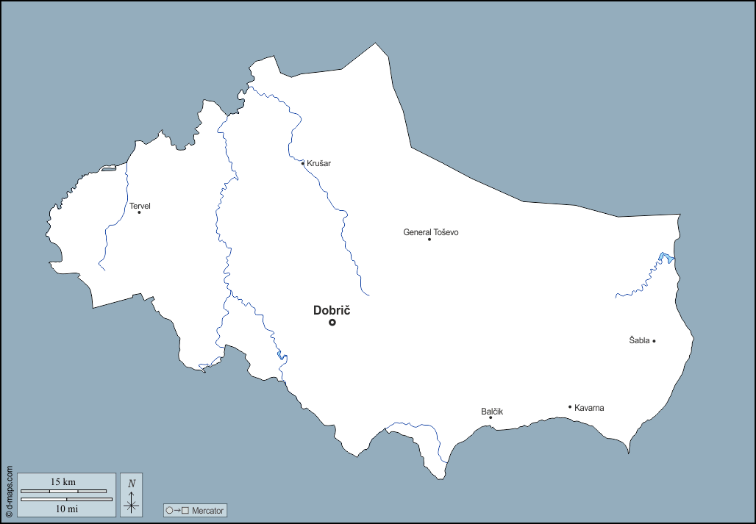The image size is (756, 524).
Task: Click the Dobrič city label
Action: pyautogui.click(x=331, y=310)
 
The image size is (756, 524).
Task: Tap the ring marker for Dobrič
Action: pyautogui.click(x=332, y=322)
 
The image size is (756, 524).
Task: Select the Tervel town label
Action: pyautogui.click(x=140, y=206)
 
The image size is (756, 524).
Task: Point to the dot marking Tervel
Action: pyautogui.click(x=139, y=212)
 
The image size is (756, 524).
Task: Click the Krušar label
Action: pyautogui.click(x=318, y=163)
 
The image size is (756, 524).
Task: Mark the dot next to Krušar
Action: pyautogui.click(x=303, y=163)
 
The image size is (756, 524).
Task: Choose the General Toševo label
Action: pyautogui.click(x=430, y=232)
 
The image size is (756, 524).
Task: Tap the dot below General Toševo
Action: pyautogui.click(x=429, y=239)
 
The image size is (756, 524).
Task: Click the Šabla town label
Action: pyautogui.click(x=639, y=340)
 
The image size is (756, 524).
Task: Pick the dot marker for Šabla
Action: pyautogui.click(x=654, y=340)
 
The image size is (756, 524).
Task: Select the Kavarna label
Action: pyautogui.click(x=589, y=408)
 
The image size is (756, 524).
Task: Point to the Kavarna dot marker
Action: pyautogui.click(x=570, y=406)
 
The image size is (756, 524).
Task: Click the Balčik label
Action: pyautogui.click(x=492, y=411)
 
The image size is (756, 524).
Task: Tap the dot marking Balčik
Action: pyautogui.click(x=491, y=417)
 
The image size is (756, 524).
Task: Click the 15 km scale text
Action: pyautogui.click(x=63, y=482)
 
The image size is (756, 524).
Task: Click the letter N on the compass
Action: pyautogui.click(x=132, y=484)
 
